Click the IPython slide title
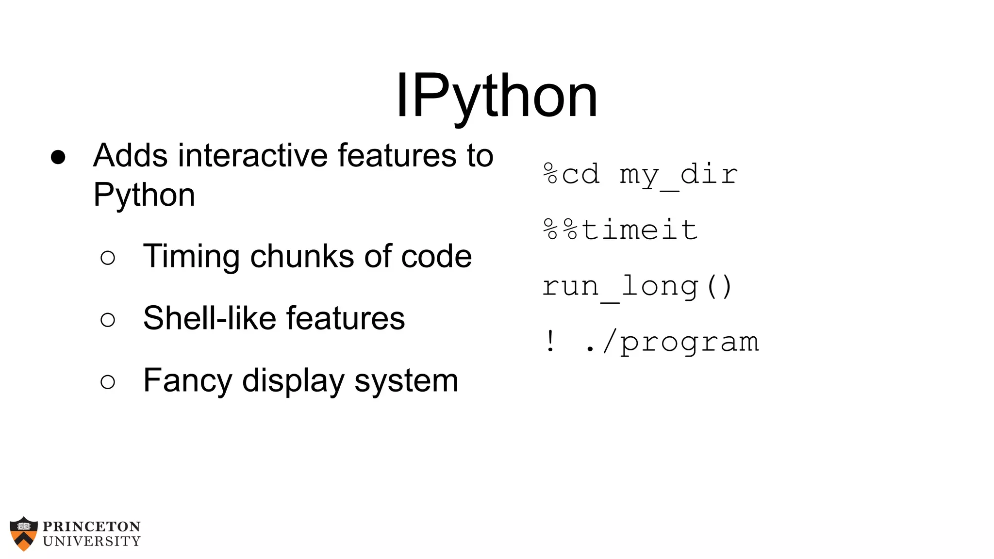(497, 96)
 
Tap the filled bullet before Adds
(58, 157)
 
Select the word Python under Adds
(144, 195)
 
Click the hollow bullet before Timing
(108, 258)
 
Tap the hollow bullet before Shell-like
(108, 320)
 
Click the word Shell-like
(209, 318)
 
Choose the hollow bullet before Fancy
(108, 382)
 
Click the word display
(293, 381)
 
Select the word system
(406, 381)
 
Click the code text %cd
(571, 174)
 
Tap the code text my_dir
(679, 175)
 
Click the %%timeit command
(620, 230)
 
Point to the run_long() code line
(637, 286)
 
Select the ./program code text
(672, 342)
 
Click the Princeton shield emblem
(24, 533)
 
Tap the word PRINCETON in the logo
(92, 526)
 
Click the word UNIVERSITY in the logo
(92, 541)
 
